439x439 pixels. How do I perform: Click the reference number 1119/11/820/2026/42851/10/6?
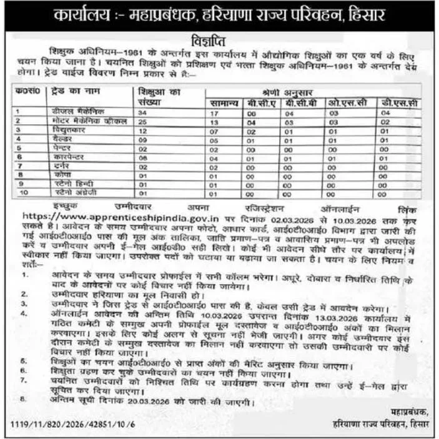pyautogui.click(x=75, y=425)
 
